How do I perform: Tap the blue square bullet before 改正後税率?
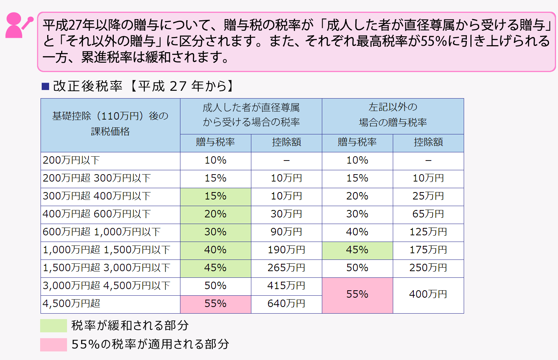point(45,86)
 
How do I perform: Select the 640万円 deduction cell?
point(286,304)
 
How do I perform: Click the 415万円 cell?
point(286,286)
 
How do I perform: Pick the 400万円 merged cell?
point(428,295)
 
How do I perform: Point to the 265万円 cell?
point(286,268)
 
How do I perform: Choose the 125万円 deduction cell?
point(428,232)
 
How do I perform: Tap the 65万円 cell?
point(428,214)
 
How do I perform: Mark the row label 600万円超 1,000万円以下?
point(101,232)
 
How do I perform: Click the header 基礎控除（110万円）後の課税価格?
point(110,124)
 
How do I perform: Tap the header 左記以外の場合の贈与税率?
point(393,115)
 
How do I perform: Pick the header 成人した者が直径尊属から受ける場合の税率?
point(251,115)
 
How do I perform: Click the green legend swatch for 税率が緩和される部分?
point(53,326)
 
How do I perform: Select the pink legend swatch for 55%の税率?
point(53,344)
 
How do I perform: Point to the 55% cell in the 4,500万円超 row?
point(215,304)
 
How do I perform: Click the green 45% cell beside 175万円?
point(357,250)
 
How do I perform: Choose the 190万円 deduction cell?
point(286,250)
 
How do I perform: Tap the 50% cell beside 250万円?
point(357,268)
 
